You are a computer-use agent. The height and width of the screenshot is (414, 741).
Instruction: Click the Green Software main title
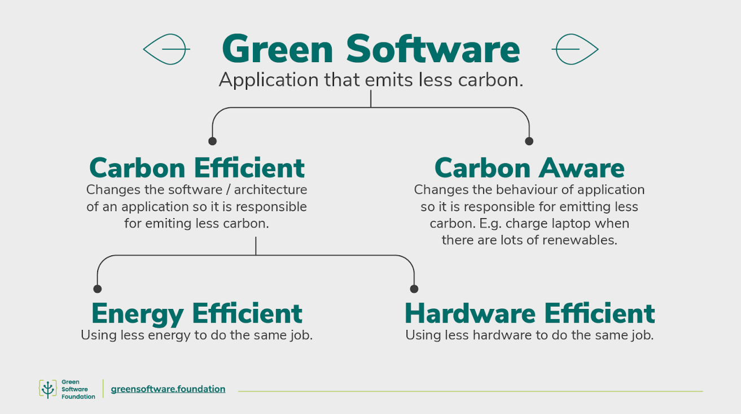click(371, 49)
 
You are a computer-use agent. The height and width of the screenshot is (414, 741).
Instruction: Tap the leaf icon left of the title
click(166, 49)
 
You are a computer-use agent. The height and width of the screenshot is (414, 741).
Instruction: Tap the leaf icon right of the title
click(575, 49)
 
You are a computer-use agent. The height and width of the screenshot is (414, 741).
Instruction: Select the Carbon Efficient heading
click(197, 168)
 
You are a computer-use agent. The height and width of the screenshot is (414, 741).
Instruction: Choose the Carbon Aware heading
click(529, 168)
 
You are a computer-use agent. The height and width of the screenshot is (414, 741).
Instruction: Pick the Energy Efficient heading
click(197, 313)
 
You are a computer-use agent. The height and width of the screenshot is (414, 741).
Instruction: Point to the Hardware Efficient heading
click(529, 313)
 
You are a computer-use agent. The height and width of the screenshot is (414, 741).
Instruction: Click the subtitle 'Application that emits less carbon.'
click(371, 80)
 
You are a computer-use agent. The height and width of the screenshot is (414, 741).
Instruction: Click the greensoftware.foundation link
click(168, 389)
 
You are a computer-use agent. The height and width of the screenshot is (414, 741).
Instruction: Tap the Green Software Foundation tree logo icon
click(48, 389)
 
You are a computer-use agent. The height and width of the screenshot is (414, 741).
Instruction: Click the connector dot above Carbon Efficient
click(212, 141)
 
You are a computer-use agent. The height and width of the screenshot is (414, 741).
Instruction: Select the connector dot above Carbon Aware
click(529, 141)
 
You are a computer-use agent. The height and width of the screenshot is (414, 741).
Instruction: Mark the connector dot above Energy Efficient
click(97, 289)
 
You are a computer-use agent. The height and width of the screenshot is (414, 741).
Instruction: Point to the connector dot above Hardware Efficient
click(414, 289)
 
